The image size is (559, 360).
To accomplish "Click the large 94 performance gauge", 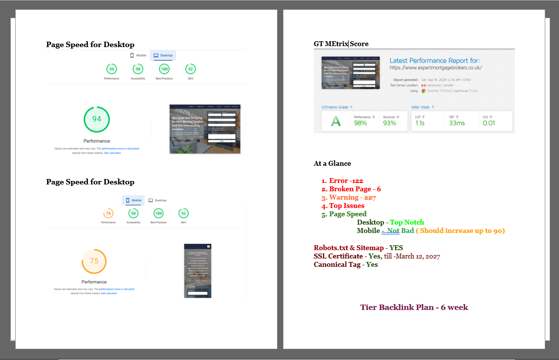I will tap(97, 119).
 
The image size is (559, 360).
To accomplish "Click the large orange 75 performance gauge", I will tap(94, 261).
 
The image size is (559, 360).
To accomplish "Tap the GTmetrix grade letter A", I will tap(335, 121).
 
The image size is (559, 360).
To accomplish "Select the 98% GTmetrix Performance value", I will tap(360, 123).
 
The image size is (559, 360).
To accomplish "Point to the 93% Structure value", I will tap(389, 123).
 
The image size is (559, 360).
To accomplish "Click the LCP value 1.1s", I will tap(420, 123).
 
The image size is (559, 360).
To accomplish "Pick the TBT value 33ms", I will tap(457, 123).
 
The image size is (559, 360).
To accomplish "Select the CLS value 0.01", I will tap(488, 123).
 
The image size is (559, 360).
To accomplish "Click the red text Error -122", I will tap(346, 181).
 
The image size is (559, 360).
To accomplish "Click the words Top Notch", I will tap(407, 223).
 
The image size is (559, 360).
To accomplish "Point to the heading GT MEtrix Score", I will tap(341, 44).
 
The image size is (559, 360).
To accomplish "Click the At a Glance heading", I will tap(332, 164).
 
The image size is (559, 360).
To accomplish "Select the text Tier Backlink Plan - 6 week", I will tap(414, 308).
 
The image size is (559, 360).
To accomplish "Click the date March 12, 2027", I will tap(418, 257).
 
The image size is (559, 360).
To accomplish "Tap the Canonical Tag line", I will tap(346, 265).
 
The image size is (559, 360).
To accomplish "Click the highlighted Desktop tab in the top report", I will tap(163, 55).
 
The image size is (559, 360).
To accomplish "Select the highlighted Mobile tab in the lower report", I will tap(133, 200).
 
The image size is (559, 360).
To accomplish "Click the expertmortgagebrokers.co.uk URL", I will tap(435, 68).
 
